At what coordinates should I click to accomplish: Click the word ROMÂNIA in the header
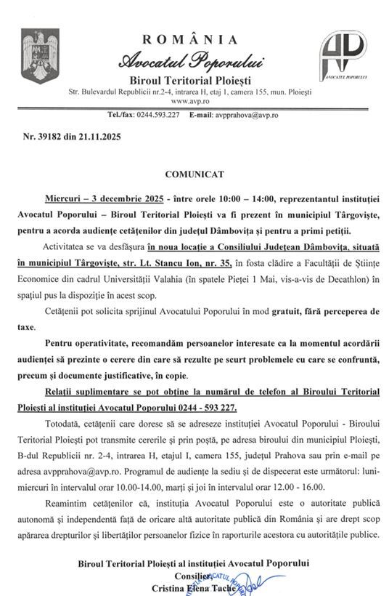coord(190,39)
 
